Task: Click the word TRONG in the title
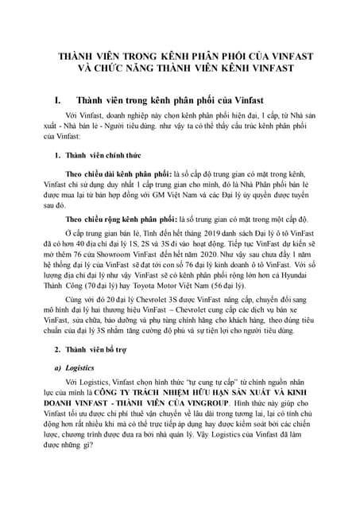(x=140, y=57)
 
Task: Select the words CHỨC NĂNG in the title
(x=122, y=70)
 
